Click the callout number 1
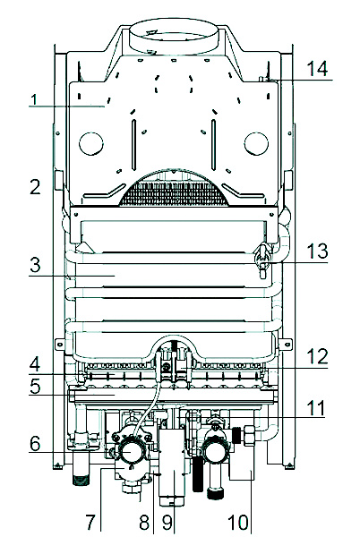point(34,99)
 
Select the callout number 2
point(35,187)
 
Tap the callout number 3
point(35,265)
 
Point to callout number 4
point(35,363)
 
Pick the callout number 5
point(35,387)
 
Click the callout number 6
point(35,443)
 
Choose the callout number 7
point(90,522)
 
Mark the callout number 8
point(144,522)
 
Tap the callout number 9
point(167,522)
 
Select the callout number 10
point(238,522)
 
